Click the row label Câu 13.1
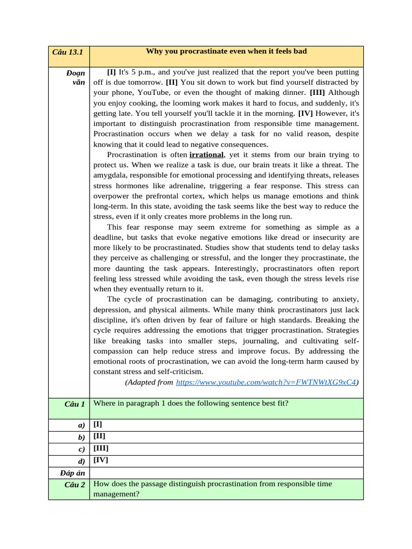69,52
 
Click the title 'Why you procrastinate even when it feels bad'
226,51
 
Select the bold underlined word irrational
207,155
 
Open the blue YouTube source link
266,382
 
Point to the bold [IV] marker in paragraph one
304,114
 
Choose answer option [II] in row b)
99,436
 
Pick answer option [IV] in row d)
101,460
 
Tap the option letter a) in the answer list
81,425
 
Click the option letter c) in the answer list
81,449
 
